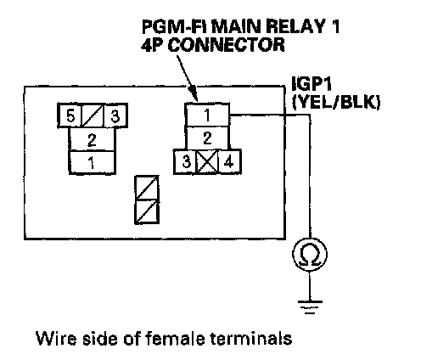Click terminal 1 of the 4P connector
click(207, 115)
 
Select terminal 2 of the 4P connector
click(207, 138)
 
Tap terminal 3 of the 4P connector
click(186, 161)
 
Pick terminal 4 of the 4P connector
click(229, 161)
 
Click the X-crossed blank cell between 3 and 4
click(207, 161)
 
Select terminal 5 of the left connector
click(70, 115)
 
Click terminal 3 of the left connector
click(115, 115)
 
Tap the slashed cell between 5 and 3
click(93, 115)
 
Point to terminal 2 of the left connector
click(93, 139)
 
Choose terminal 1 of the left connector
click(93, 162)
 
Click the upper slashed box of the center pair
click(147, 188)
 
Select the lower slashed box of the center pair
click(147, 212)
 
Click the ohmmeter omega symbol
click(310, 254)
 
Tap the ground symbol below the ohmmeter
click(310, 307)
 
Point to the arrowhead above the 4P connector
click(194, 95)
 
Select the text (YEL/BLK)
click(336, 102)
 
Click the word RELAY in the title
click(293, 27)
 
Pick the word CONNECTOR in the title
click(226, 45)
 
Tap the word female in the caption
click(175, 338)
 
